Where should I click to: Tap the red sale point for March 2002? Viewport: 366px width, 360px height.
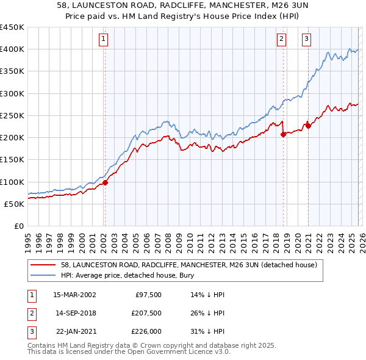pos(105,182)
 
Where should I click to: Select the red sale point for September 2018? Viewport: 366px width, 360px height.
pos(283,134)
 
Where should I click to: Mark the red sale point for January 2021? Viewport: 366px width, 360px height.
pos(308,126)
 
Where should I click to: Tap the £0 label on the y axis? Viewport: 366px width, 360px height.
pos(18,226)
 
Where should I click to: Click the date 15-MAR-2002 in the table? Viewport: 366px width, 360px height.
pos(75,295)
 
